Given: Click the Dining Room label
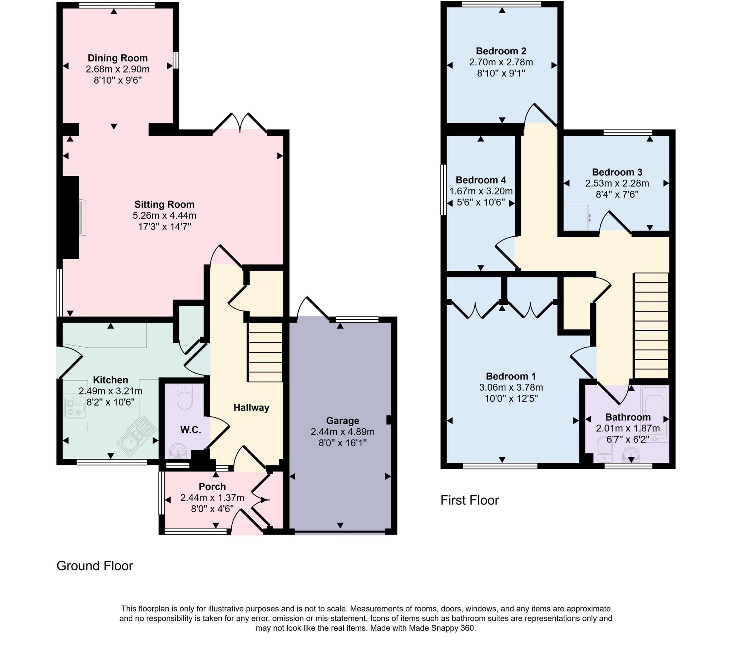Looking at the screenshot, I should point(118,58).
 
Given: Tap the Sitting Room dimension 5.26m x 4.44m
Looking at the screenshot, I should point(164,215).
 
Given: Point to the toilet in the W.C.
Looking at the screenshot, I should point(185,397).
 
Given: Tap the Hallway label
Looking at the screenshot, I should point(251,408).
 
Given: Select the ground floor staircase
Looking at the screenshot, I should point(265,352).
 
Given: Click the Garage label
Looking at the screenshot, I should point(342,421).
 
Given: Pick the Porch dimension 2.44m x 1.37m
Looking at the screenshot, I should point(212,498).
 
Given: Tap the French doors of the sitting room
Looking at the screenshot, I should point(240,124).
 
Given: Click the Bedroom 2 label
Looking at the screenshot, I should point(501,51).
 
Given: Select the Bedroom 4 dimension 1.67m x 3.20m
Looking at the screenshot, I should point(481,191).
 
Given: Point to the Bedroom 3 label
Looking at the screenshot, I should point(617,172).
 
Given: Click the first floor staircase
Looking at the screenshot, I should point(651,326).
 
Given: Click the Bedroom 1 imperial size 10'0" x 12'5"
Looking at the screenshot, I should point(511,398).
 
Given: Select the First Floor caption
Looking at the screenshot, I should point(469,500).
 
